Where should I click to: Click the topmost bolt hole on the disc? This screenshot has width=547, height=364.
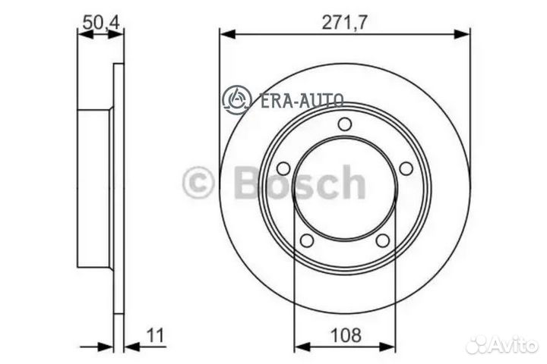tap(345, 124)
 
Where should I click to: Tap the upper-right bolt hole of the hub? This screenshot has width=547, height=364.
tap(406, 168)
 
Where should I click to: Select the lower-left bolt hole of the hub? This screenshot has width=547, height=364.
tap(307, 240)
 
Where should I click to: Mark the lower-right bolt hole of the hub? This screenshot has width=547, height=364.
tap(384, 240)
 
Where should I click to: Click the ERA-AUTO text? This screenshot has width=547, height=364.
tap(302, 99)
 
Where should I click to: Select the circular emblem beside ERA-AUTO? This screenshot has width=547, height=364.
tap(236, 99)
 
